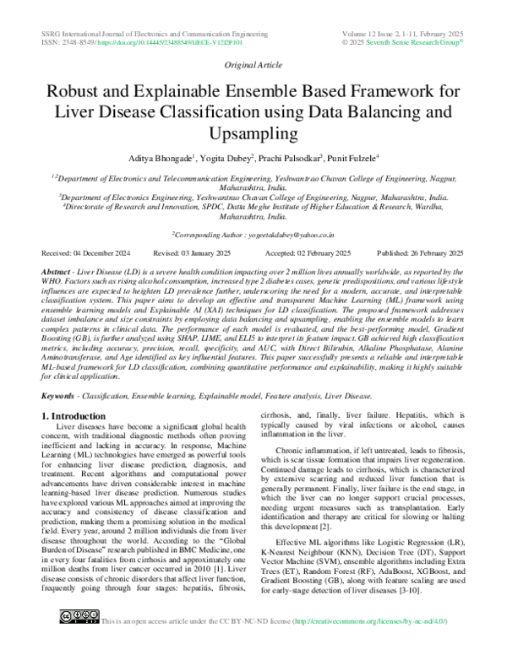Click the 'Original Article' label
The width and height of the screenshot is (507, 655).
click(253, 65)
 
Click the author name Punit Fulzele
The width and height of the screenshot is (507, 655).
click(352, 158)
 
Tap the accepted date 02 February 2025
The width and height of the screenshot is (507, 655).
click(324, 253)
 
